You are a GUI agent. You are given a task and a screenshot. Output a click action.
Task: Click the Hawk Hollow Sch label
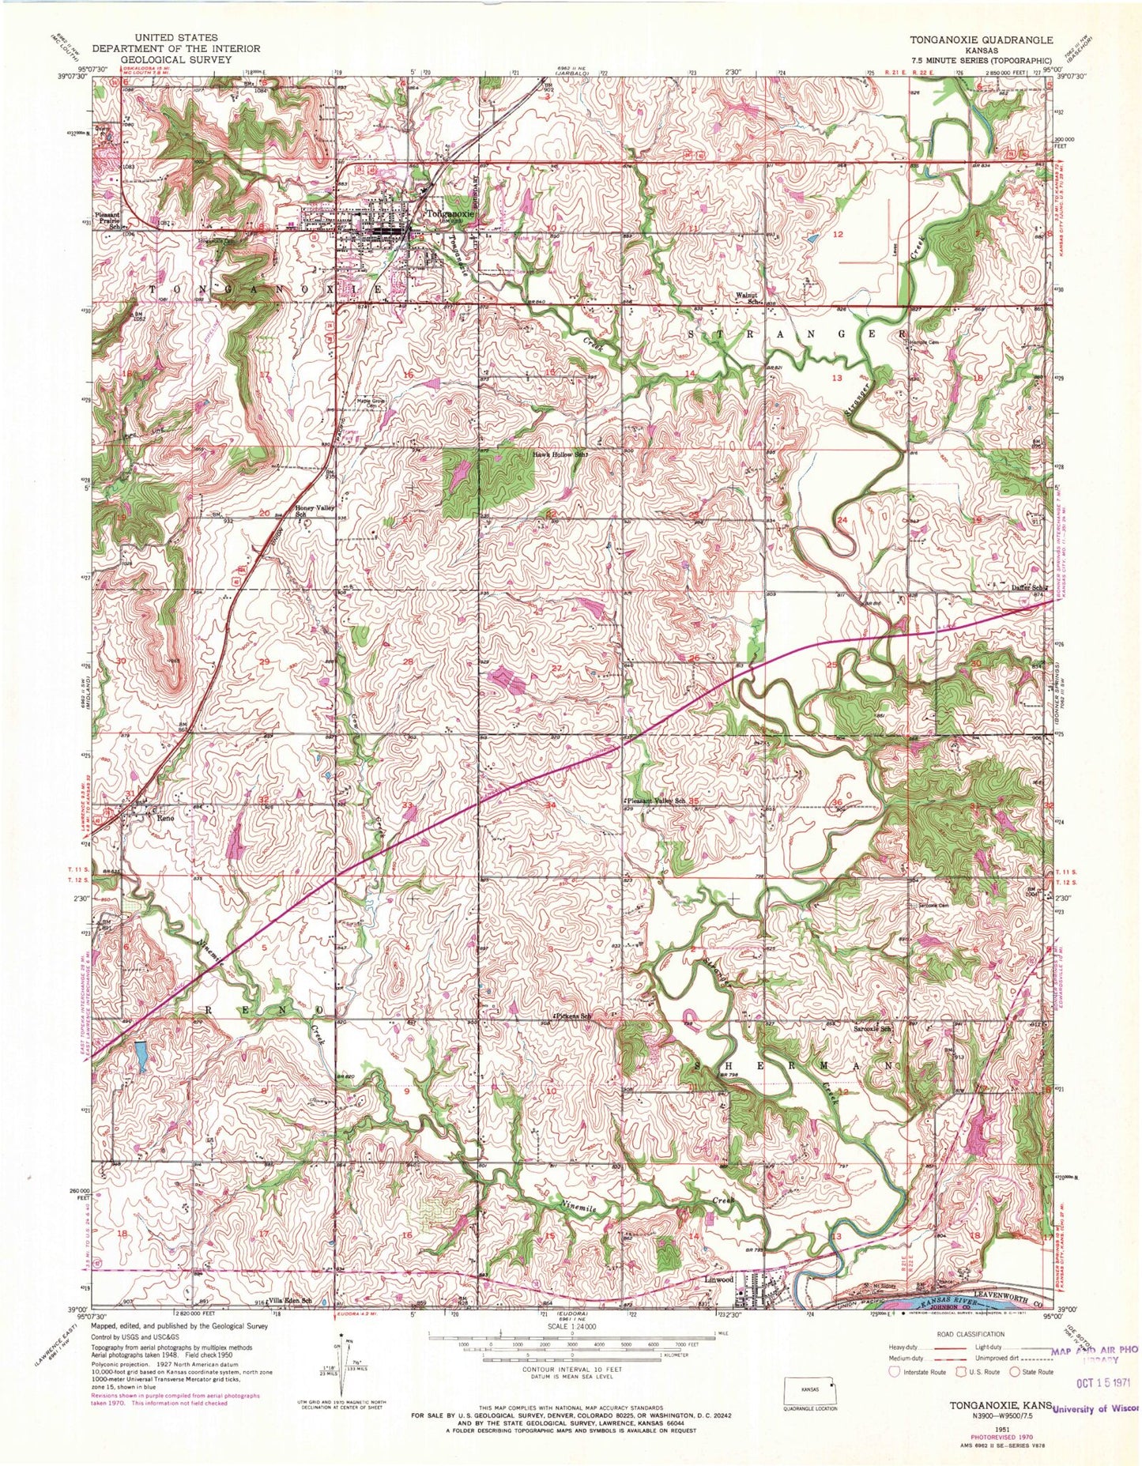coord(561,455)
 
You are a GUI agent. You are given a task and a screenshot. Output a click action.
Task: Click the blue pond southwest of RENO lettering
coord(140,1056)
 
